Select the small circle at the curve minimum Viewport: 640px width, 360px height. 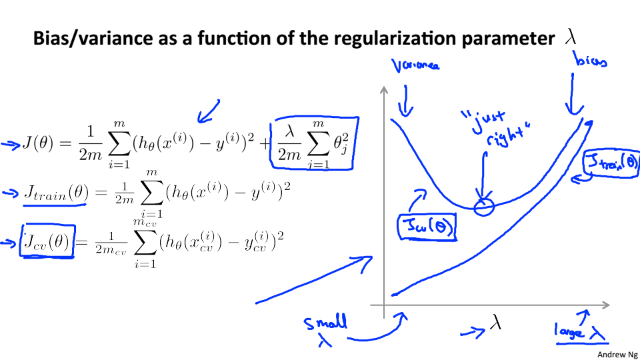[483, 207]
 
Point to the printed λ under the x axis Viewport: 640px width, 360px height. [495, 323]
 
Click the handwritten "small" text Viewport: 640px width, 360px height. [325, 323]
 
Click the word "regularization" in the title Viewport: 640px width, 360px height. [402, 39]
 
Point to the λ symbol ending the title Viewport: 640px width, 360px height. [570, 38]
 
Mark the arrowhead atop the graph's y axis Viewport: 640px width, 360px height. [385, 91]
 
